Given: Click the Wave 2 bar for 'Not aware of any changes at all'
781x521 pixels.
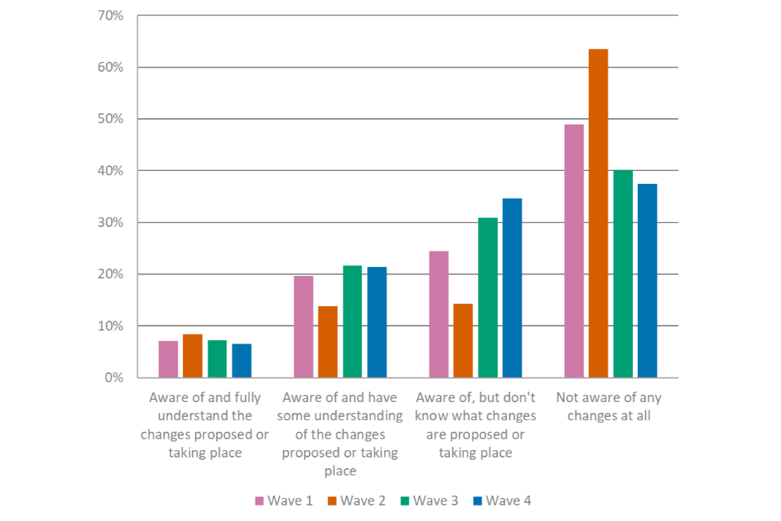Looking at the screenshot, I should (598, 213).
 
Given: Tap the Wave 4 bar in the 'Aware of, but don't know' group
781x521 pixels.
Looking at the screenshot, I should (512, 287).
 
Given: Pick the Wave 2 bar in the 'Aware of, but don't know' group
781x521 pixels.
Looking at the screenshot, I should (462, 340).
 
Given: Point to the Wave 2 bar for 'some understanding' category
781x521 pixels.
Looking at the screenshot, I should (328, 342).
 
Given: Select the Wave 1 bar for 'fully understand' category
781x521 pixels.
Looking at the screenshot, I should (168, 359).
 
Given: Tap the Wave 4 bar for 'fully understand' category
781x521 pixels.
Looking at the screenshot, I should (242, 361).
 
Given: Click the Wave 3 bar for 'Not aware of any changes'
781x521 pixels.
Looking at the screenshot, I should (623, 274).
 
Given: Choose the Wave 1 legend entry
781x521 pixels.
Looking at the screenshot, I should (284, 500).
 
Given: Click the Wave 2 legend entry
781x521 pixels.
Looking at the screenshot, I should (357, 500).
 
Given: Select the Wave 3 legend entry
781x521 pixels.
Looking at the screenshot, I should (430, 500).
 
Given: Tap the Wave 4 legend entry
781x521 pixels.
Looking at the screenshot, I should (502, 500).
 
